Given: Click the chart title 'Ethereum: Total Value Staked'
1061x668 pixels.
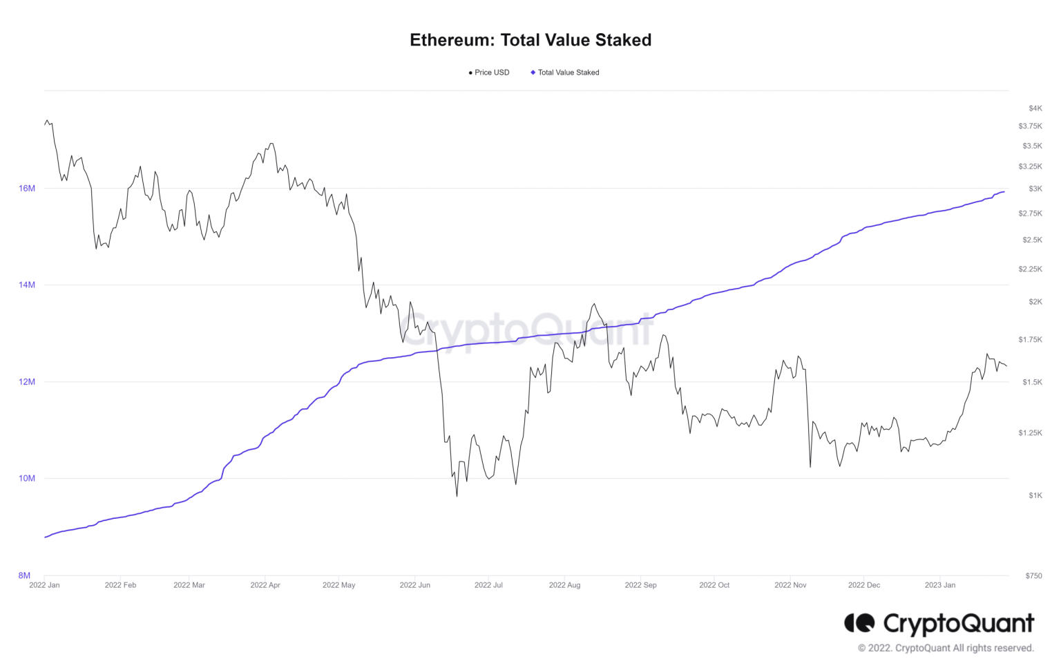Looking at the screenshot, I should tap(530, 40).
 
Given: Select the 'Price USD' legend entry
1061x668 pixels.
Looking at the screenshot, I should tap(491, 73).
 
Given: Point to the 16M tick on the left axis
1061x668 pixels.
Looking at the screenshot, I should tap(27, 189).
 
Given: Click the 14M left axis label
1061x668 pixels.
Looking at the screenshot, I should tap(27, 285).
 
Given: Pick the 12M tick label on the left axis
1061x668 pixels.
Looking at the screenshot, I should tap(27, 382).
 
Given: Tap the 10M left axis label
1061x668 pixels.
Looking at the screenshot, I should tap(27, 479).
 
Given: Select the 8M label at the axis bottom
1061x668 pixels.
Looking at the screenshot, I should tap(25, 575).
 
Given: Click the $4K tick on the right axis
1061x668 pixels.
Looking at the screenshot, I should tap(1035, 108).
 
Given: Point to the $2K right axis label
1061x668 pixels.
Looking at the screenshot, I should tap(1035, 302).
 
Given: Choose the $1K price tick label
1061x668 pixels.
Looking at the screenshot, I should tap(1035, 495).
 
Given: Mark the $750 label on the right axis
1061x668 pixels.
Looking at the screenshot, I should tap(1033, 575).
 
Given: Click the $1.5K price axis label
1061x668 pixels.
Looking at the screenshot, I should tap(1032, 382).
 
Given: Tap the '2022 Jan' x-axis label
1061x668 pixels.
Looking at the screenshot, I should tap(44, 585).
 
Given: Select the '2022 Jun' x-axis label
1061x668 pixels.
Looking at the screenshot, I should tap(414, 585).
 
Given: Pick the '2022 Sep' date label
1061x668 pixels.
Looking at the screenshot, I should tap(640, 585).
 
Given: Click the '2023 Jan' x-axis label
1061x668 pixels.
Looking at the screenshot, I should tap(940, 585).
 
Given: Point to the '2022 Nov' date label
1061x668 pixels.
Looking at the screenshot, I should tap(790, 585).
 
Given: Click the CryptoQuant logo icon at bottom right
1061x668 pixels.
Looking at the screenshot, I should tap(859, 623).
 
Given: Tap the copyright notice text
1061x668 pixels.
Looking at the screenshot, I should tap(946, 648).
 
